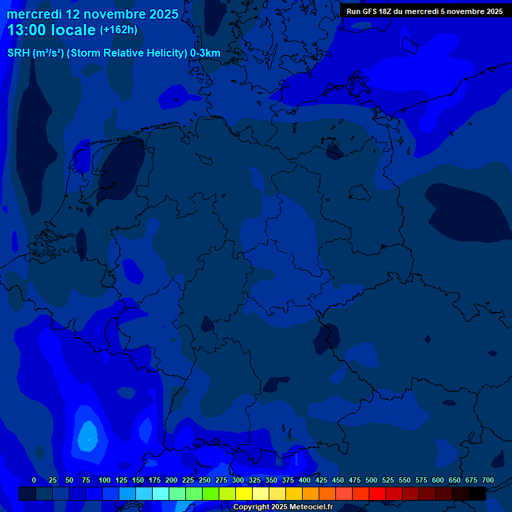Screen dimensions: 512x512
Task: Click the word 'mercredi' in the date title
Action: coord(34,14)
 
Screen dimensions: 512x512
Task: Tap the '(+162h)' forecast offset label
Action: coord(119,30)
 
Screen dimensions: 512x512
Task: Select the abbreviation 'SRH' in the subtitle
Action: coord(19,53)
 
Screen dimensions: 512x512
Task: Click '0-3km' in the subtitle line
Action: coord(205,53)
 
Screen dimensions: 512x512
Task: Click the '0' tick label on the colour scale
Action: coord(34,480)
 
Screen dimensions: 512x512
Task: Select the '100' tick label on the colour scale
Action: coord(105,480)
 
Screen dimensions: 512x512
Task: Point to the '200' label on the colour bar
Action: coord(171,480)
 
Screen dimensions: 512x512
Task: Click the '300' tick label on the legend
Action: coord(238,480)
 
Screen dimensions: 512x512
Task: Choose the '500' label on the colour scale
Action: coord(371,480)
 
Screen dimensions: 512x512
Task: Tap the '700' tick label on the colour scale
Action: coord(488,480)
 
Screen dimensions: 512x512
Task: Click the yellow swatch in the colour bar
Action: coord(244,493)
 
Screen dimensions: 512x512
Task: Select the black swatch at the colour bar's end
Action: coord(477,493)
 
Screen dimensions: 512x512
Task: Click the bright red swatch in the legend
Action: coord(377,493)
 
